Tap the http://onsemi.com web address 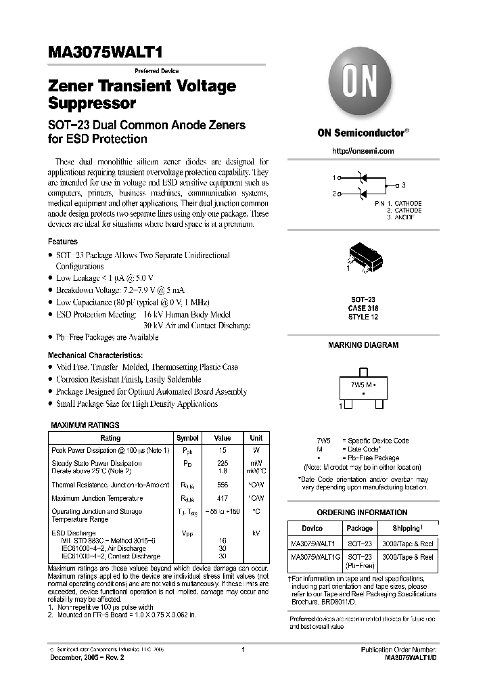[x=363, y=151]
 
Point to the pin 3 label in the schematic [x=404, y=185]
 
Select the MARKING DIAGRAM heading [x=363, y=345]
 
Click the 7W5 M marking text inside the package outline [x=363, y=384]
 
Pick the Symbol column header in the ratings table [x=187, y=438]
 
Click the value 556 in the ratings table [x=223, y=485]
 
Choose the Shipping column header [x=408, y=528]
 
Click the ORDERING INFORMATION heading [x=363, y=512]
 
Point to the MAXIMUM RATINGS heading [x=86, y=425]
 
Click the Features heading [x=62, y=242]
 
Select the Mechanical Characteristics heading [x=95, y=355]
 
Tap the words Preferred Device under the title [x=156, y=71]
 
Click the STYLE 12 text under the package [x=363, y=317]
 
